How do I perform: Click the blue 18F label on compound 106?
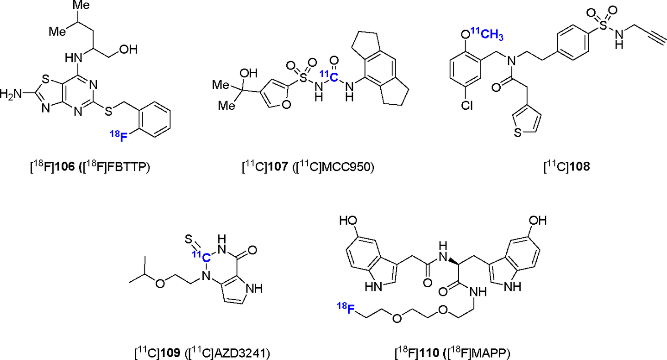(119, 136)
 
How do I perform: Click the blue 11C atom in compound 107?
(328, 75)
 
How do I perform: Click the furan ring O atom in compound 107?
(285, 105)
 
